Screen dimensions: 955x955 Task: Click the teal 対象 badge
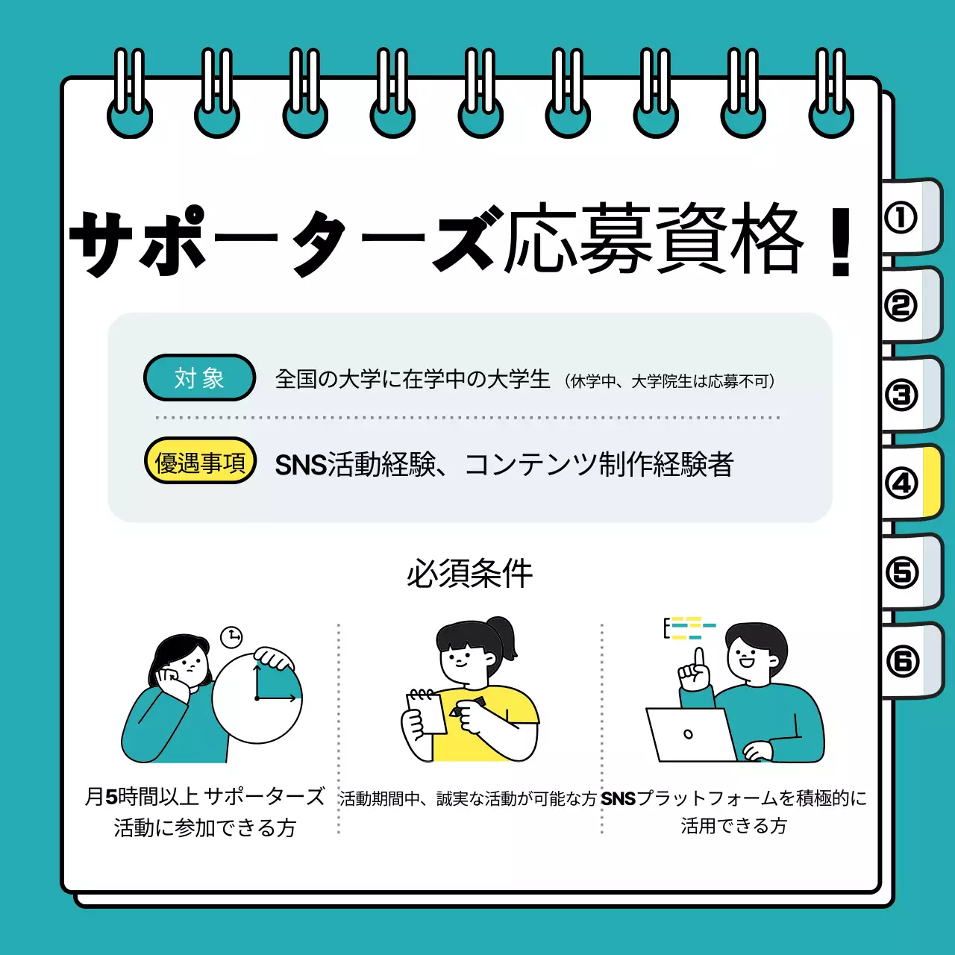click(199, 378)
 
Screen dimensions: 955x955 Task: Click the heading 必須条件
click(469, 574)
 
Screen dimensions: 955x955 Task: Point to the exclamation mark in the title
click(841, 242)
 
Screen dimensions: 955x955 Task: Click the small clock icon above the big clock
click(232, 636)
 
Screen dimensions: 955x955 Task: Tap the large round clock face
click(257, 698)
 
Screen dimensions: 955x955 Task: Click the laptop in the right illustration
click(690, 735)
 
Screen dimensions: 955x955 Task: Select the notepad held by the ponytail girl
click(427, 712)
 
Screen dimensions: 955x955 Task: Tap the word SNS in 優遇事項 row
click(300, 466)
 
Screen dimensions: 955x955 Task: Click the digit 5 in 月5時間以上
click(111, 797)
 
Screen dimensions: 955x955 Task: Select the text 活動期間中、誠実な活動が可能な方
click(468, 799)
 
